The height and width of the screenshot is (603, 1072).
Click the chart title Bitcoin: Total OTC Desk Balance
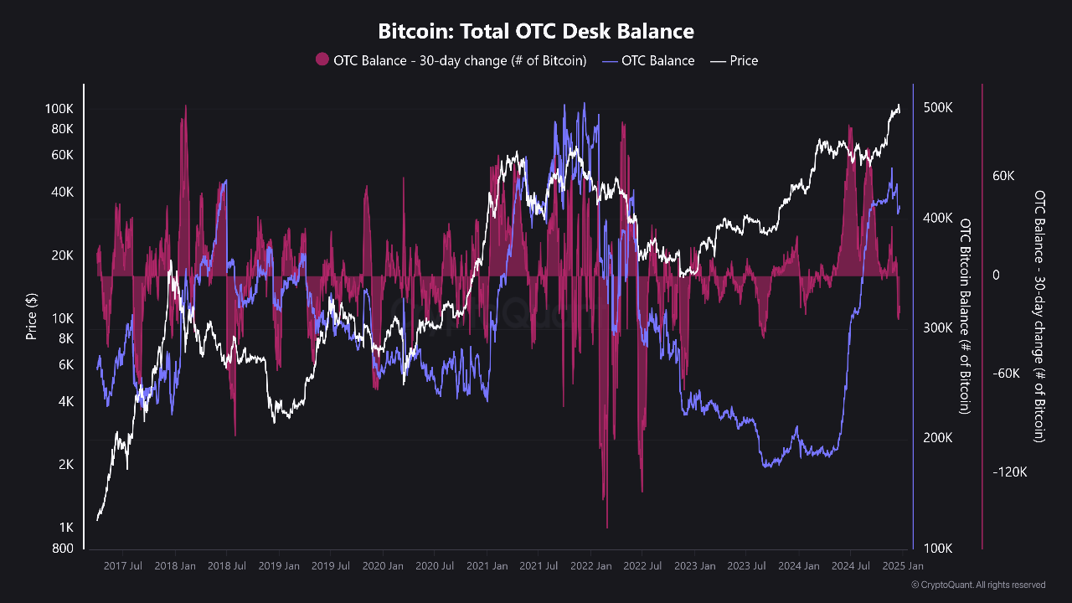click(536, 32)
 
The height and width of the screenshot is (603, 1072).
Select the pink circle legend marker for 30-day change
click(322, 60)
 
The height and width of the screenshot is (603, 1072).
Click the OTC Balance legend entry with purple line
click(648, 60)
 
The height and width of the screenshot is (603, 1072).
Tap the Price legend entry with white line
click(734, 60)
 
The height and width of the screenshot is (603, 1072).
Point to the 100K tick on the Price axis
click(59, 109)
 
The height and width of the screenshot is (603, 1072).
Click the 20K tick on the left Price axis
click(62, 255)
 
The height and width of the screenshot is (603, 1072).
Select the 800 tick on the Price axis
click(63, 549)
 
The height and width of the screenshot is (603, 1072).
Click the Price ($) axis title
click(32, 316)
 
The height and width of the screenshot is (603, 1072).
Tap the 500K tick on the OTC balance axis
click(937, 108)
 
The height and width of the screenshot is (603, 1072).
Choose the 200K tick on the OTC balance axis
click(937, 438)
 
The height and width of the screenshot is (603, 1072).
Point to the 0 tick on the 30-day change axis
click(997, 275)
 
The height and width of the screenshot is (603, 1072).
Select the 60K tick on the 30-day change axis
click(1003, 177)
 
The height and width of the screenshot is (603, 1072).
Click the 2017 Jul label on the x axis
click(122, 566)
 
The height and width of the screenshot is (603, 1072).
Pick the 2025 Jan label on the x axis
click(903, 566)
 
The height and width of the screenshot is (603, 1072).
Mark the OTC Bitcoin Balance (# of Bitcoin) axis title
click(965, 316)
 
